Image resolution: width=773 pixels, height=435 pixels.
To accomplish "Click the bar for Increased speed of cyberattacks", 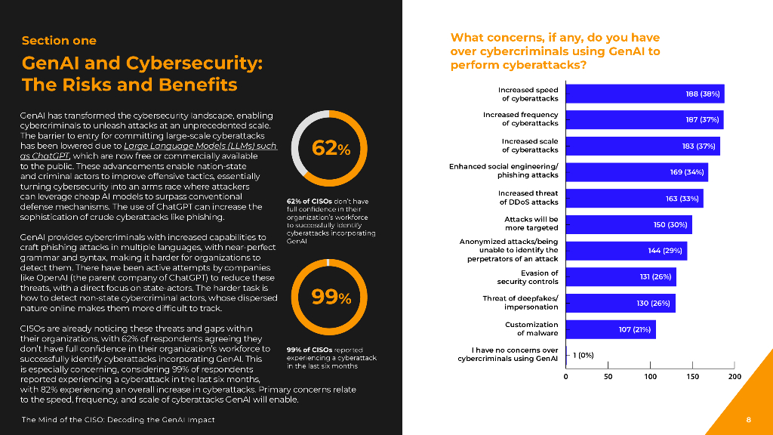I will (x=645, y=94).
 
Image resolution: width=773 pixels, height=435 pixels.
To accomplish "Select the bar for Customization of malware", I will (x=610, y=329).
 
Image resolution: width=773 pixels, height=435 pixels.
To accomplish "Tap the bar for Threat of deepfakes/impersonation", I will (x=620, y=303).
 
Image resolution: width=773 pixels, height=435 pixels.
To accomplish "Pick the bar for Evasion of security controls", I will (x=621, y=277).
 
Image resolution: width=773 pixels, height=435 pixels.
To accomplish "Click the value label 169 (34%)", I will (x=687, y=172).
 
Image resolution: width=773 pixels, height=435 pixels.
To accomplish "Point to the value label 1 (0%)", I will (x=583, y=355).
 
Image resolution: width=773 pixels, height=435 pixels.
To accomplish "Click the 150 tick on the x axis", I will (x=692, y=376).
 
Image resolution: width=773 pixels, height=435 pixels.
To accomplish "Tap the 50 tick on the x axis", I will (x=608, y=376).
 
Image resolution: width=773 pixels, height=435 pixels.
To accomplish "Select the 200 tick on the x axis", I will (x=735, y=376).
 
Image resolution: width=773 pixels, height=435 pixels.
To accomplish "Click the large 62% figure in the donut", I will (x=331, y=149).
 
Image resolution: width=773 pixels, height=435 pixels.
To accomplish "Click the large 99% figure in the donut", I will (x=331, y=298).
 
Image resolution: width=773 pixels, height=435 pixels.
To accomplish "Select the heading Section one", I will (x=59, y=40).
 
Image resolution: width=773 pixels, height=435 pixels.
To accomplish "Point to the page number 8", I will (x=748, y=419).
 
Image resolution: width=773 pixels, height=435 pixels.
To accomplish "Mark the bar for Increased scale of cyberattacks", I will (x=642, y=146).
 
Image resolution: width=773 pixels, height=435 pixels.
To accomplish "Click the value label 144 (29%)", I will (x=666, y=251).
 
